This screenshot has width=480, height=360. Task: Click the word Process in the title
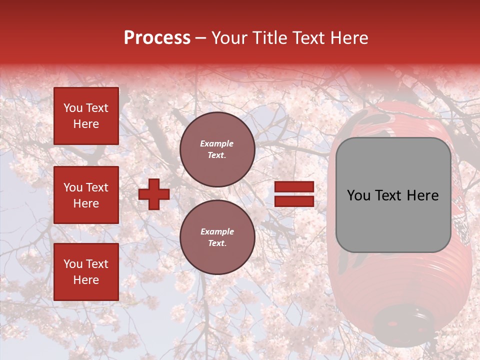(x=157, y=38)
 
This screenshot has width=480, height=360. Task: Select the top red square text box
(x=86, y=116)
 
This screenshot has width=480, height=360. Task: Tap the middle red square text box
(x=86, y=195)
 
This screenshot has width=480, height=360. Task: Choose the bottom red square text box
(x=86, y=272)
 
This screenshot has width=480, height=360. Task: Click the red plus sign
(x=154, y=194)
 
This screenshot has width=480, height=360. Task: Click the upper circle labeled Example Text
(x=217, y=149)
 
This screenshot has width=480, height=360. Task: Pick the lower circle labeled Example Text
(x=217, y=237)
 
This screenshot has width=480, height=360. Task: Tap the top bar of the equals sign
(x=294, y=187)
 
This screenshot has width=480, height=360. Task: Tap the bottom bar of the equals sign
(x=294, y=201)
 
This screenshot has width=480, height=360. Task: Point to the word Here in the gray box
(x=424, y=195)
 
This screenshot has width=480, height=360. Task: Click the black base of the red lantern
(x=403, y=320)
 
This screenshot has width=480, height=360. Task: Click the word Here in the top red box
(x=86, y=124)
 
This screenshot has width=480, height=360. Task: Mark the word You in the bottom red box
(x=73, y=264)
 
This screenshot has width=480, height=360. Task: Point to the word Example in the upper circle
(x=217, y=144)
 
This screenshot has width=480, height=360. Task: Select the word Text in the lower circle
(x=217, y=243)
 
